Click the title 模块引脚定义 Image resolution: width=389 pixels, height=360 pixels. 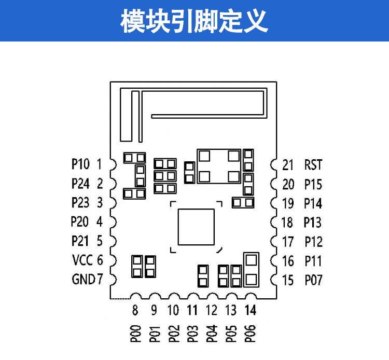pyautogui.click(x=195, y=21)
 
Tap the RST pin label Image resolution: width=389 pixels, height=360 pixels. pyautogui.click(x=313, y=165)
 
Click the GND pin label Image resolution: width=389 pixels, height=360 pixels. pyautogui.click(x=82, y=279)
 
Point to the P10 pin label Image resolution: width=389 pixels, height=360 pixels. pyautogui.click(x=80, y=164)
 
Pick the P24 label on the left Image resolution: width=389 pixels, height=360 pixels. pyautogui.click(x=80, y=184)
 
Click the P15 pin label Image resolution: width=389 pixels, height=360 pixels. pyautogui.click(x=313, y=184)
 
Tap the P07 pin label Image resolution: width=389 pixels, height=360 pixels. pyautogui.click(x=313, y=280)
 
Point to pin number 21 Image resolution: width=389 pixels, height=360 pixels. pyautogui.click(x=288, y=165)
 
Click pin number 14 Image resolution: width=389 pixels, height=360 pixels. pyautogui.click(x=250, y=310)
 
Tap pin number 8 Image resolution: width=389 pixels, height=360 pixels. pyautogui.click(x=135, y=311)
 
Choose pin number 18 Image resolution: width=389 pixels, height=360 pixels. pyautogui.click(x=287, y=223)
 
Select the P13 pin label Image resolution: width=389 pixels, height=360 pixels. pyautogui.click(x=313, y=223)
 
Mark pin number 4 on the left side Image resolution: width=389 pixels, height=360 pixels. pyautogui.click(x=100, y=222)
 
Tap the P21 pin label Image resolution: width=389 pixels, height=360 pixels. pyautogui.click(x=80, y=241)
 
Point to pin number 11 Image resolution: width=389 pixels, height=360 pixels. pyautogui.click(x=192, y=310)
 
